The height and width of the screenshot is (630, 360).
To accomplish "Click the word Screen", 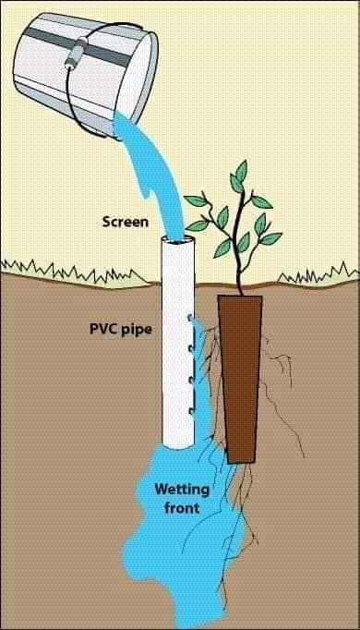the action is (x=126, y=222).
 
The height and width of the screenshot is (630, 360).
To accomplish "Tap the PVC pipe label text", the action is (x=120, y=330).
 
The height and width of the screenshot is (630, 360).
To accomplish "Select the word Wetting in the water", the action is (x=182, y=490).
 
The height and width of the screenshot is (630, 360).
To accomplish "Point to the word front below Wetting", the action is (x=182, y=508).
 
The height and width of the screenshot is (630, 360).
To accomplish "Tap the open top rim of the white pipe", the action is (x=178, y=241).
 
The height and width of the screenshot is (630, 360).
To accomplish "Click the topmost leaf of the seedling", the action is (x=241, y=171).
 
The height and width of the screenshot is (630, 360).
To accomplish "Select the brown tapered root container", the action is (x=240, y=379).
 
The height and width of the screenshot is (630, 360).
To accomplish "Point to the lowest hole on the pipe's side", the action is (x=191, y=411).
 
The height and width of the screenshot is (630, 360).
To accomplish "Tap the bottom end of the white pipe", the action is (x=178, y=444).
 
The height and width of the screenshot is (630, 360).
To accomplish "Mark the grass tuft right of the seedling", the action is (x=318, y=273).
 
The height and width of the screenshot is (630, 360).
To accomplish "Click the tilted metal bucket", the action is (x=86, y=68).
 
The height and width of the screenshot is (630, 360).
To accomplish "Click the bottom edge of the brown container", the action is (x=241, y=462).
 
